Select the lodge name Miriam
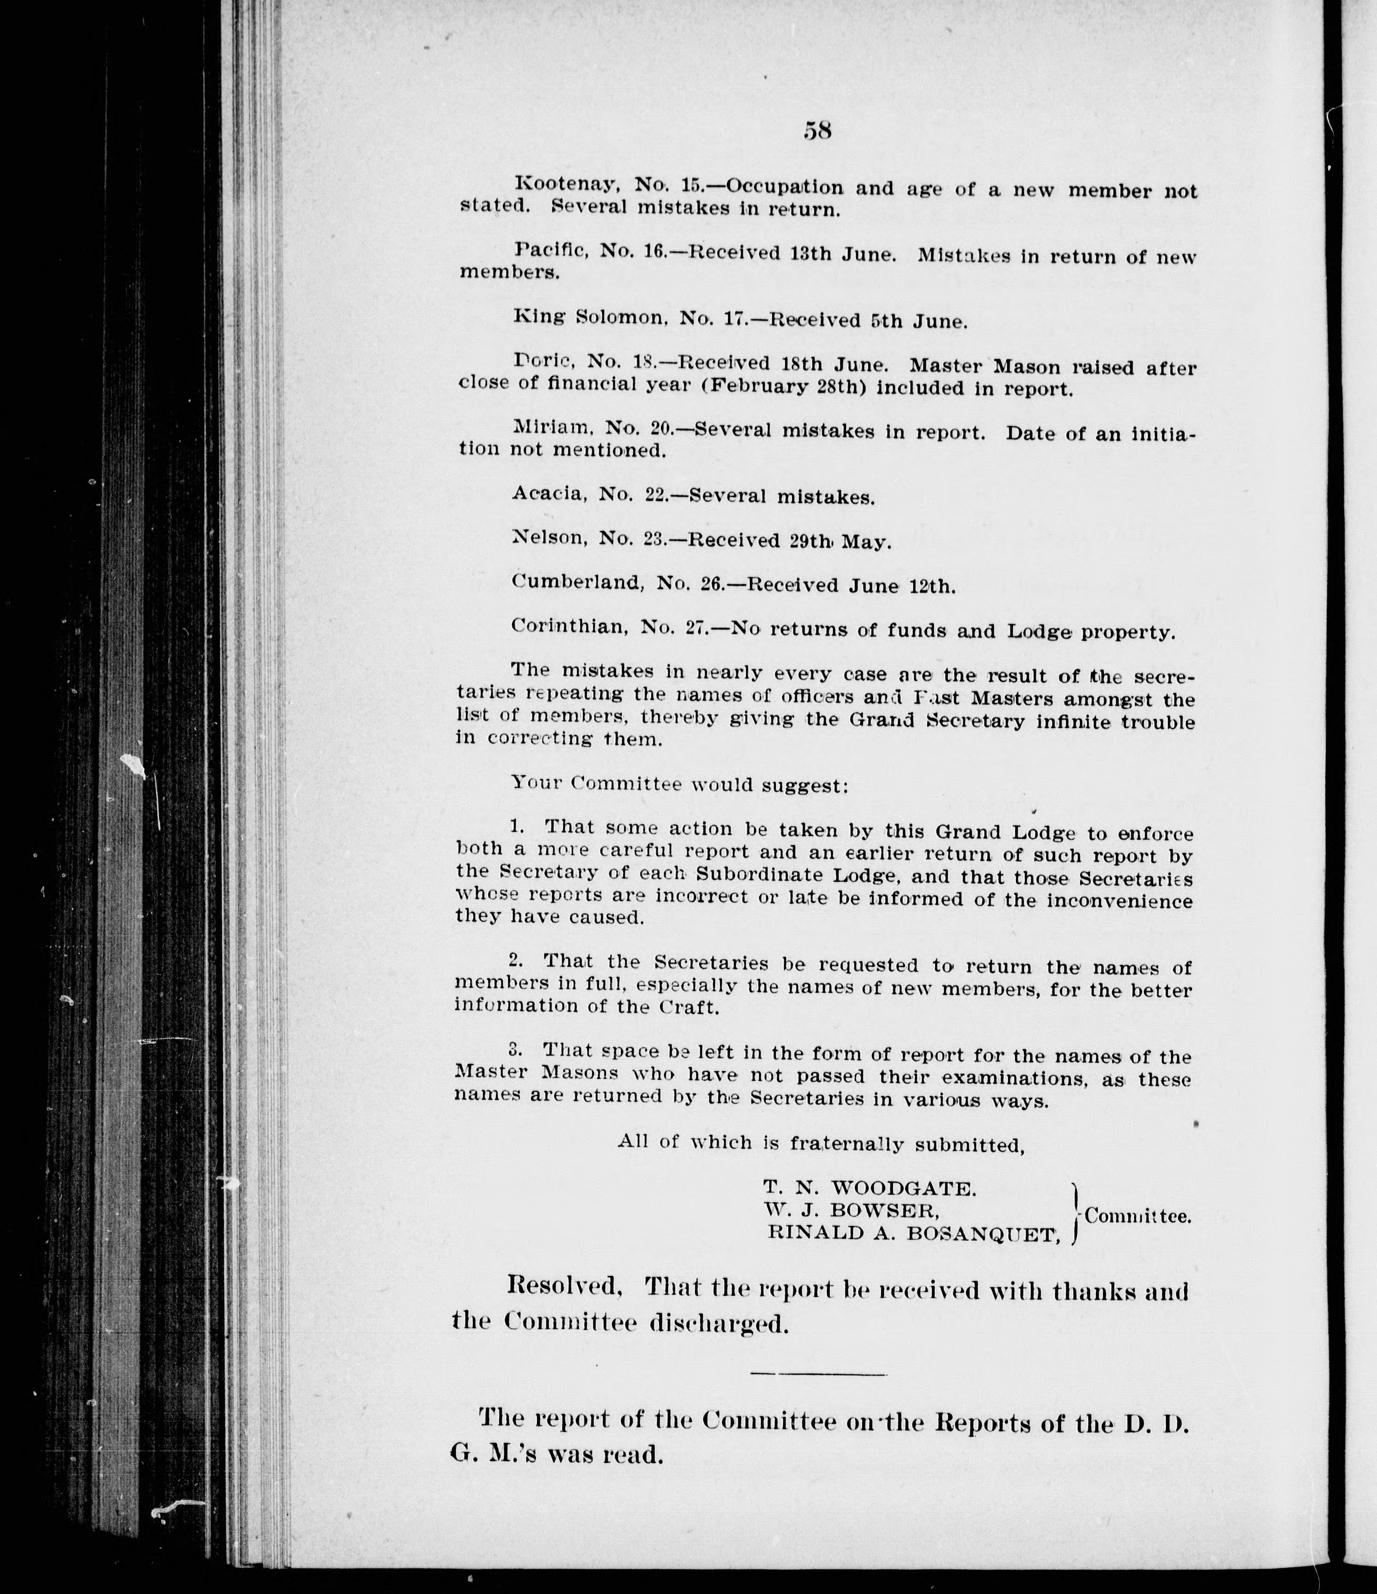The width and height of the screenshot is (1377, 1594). coord(549,426)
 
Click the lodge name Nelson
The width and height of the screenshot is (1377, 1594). coord(548,538)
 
